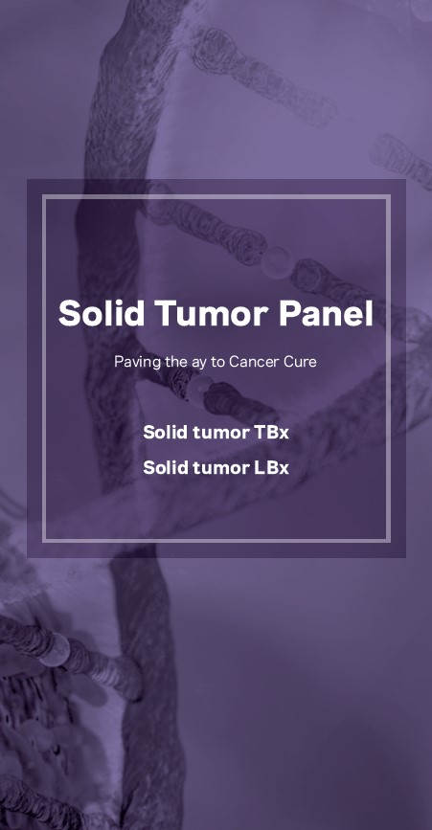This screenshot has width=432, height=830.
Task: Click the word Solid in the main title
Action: tap(101, 313)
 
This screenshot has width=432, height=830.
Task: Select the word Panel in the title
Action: tap(326, 313)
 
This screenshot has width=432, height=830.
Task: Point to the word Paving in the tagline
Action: tap(132, 363)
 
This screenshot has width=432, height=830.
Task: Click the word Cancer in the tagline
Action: tap(251, 362)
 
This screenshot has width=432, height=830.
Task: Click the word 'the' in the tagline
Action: tap(162, 362)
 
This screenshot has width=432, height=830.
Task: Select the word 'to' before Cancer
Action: tap(219, 362)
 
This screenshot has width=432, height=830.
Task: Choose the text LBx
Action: tap(272, 467)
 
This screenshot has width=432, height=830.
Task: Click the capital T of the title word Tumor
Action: tap(163, 313)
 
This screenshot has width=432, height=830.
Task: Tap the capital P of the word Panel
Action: tap(288, 313)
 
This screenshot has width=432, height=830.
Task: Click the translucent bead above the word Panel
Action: tap(277, 261)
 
